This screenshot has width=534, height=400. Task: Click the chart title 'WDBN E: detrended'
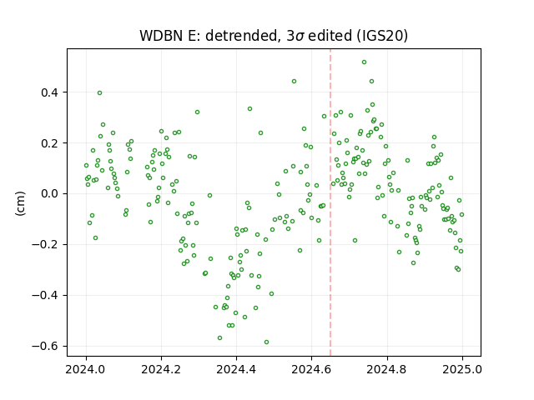[x=208, y=36]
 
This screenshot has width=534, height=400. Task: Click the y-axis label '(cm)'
[x=20, y=203]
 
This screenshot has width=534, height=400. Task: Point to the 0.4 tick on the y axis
[x=50, y=92]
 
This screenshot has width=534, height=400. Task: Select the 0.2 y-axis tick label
[x=50, y=143]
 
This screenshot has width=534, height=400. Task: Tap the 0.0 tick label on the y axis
[x=50, y=194]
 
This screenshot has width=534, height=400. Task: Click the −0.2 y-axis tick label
[x=45, y=244]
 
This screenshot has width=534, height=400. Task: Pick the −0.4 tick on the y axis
[x=45, y=295]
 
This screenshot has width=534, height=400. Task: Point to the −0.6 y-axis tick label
[x=45, y=347]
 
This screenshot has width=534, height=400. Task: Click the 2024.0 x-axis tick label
[x=86, y=369]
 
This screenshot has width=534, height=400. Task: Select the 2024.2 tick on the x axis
[x=161, y=369]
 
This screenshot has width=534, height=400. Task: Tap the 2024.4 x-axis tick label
[x=236, y=369]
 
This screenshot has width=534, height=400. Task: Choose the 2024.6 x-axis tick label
[x=311, y=369]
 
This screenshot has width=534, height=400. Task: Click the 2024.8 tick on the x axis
[x=387, y=369]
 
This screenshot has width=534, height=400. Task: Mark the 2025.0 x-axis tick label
[x=462, y=369]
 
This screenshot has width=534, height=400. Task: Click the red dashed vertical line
[x=330, y=202]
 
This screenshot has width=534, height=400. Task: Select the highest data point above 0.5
[x=364, y=62]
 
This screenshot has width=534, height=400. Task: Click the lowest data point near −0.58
[x=267, y=342]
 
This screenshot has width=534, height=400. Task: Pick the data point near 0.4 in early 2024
[x=99, y=92]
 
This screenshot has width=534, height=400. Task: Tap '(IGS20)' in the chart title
[x=382, y=36]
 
